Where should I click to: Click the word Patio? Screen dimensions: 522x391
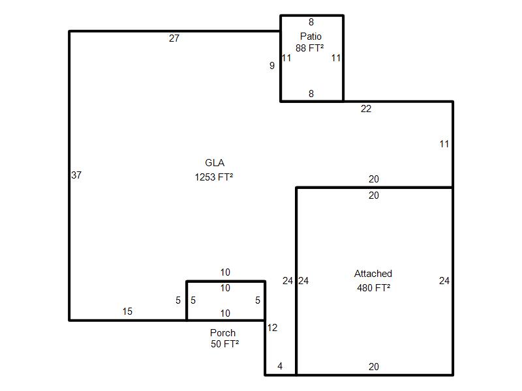[311, 36]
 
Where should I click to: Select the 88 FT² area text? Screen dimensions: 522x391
[309, 48]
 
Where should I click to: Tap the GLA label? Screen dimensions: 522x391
[215, 162]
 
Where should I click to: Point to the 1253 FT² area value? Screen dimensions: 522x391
[214, 177]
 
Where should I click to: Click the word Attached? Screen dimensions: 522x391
[373, 274]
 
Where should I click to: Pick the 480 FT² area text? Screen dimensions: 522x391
[373, 287]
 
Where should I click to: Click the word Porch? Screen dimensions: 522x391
[223, 333]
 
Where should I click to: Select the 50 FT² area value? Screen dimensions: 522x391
[224, 344]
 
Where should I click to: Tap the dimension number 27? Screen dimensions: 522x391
[174, 38]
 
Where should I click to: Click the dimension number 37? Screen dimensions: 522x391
[76, 175]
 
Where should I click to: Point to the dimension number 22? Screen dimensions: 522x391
[366, 109]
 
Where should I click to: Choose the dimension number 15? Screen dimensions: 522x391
[127, 311]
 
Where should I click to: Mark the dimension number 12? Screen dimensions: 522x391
[272, 328]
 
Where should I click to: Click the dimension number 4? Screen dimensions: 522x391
[280, 366]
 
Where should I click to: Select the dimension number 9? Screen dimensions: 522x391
[272, 66]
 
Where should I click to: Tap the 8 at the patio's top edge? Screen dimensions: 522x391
[311, 22]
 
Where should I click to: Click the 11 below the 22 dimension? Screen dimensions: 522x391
[444, 144]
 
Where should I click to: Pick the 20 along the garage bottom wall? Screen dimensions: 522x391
[373, 366]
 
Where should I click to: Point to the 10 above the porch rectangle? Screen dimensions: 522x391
[225, 272]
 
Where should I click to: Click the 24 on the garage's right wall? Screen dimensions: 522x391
[444, 281]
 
